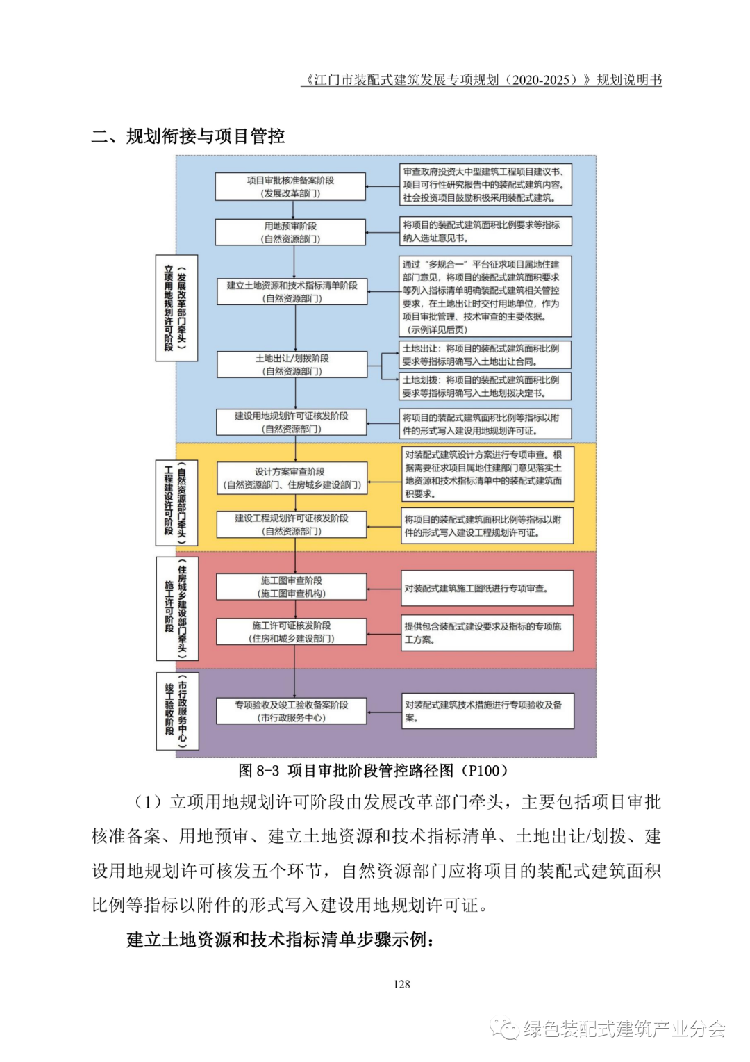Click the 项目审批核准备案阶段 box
coord(290,187)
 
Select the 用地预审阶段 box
coord(290,232)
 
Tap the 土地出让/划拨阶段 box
coord(292,365)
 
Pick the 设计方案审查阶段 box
coord(292,478)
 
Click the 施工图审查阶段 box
coord(292,587)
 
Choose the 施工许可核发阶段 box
coord(292,632)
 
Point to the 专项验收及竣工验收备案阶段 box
coord(292,711)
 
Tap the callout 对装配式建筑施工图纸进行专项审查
coord(487,589)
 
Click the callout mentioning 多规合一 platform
coord(485,297)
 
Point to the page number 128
coord(401,984)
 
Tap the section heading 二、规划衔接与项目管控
coord(188,136)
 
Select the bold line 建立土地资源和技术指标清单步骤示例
coord(281,940)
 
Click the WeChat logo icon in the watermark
coord(504,1029)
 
